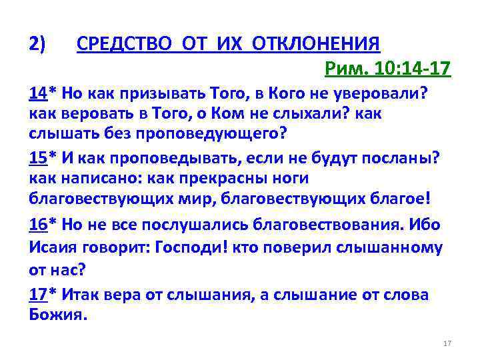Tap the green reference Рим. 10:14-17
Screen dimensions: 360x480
tap(387, 69)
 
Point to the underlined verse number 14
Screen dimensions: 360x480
tap(37, 94)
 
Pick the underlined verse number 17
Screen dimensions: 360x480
tap(37, 295)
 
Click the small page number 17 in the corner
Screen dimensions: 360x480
tap(447, 343)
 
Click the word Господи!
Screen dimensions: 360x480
tap(195, 247)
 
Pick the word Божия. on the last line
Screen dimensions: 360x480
tap(58, 314)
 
